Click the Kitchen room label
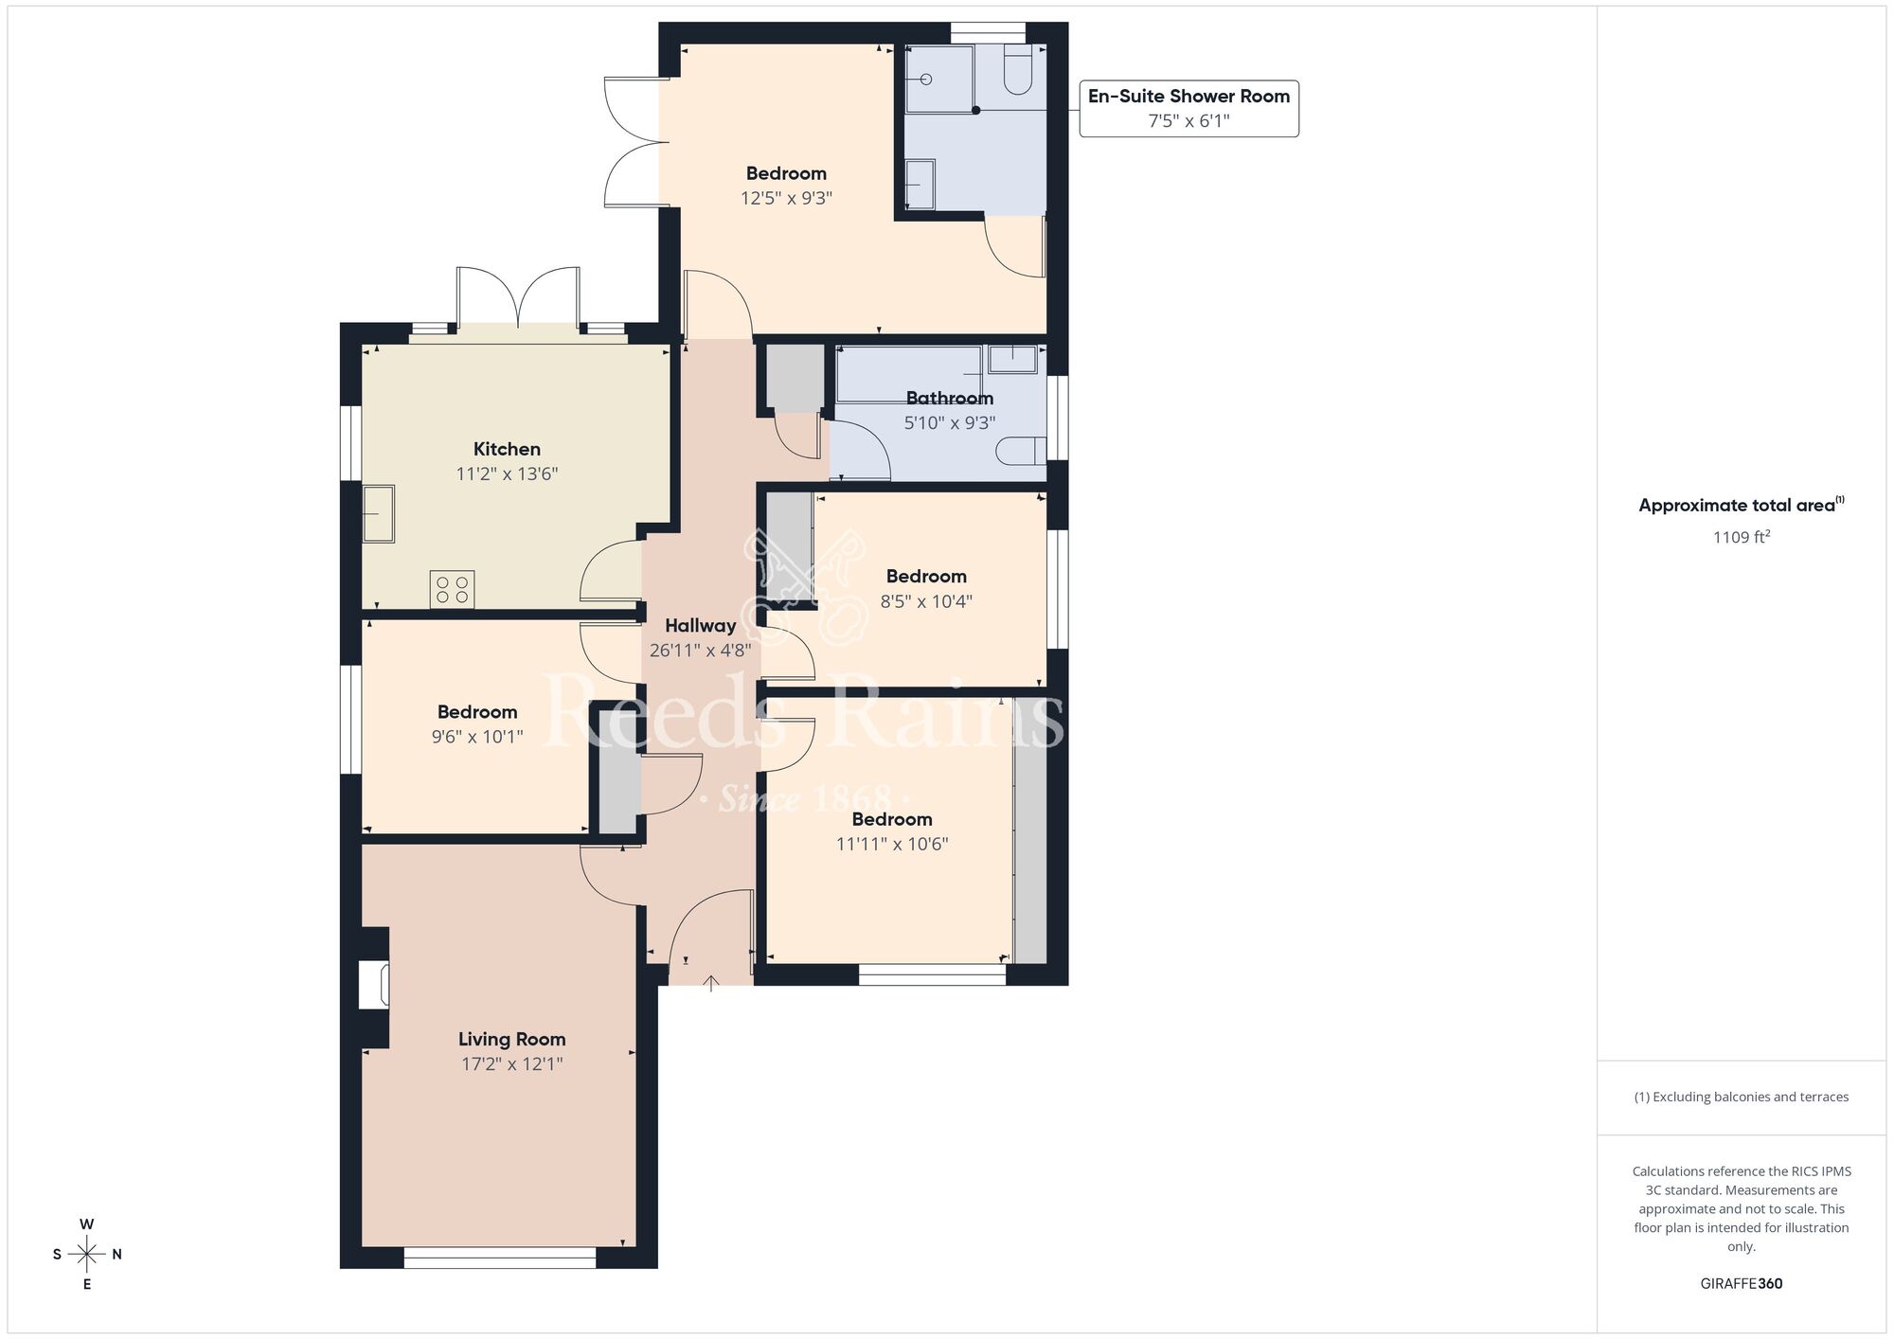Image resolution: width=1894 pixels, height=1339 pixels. point(507,449)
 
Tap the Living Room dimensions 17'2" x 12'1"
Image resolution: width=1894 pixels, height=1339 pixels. point(511,1063)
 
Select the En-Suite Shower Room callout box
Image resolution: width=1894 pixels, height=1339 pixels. point(1188,108)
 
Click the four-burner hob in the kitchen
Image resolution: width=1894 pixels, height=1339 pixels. point(452,589)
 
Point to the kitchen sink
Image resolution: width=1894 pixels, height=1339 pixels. point(379,513)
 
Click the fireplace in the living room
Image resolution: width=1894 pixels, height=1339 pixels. point(373,985)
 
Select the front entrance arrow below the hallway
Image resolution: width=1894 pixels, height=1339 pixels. point(711,983)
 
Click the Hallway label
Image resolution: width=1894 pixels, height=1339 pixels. point(700,626)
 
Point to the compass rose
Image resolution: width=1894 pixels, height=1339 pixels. point(87,1254)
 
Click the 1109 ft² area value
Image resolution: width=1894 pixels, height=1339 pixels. point(1741,537)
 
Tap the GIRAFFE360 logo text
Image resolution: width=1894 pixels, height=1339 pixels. point(1741,1284)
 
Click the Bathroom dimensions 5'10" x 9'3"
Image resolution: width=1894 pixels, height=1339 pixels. point(949,422)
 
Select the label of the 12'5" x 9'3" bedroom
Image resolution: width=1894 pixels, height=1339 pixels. point(786,173)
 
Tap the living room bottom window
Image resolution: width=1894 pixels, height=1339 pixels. point(499,1258)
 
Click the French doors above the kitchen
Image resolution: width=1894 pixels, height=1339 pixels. point(518,298)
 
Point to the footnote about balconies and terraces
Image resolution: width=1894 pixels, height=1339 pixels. point(1741,1097)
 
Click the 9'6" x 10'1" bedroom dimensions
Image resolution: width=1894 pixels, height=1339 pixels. point(476,737)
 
